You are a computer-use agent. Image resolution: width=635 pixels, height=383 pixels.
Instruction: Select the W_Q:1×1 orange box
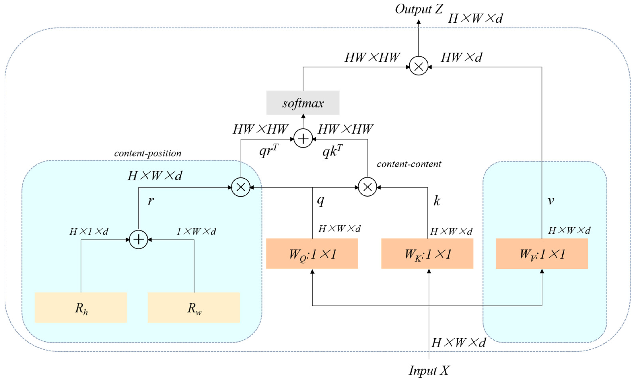(x=312, y=254)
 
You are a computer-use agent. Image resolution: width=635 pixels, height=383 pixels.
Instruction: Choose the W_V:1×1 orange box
(x=542, y=254)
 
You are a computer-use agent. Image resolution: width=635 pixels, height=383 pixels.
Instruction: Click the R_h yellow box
(x=81, y=307)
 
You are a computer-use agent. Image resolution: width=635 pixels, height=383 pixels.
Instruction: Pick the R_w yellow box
(x=194, y=307)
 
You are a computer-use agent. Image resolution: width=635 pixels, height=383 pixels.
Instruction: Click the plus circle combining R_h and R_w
(x=138, y=240)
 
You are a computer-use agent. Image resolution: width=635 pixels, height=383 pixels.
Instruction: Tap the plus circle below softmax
(x=303, y=139)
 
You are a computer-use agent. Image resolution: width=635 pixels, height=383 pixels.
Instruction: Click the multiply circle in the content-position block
(x=240, y=187)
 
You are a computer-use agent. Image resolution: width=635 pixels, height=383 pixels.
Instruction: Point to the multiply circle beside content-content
(x=367, y=187)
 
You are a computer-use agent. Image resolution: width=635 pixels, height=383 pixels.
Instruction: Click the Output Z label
(x=418, y=9)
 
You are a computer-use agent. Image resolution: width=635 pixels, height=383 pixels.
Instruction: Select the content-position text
(x=148, y=153)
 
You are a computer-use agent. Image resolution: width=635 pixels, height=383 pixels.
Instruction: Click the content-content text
(x=409, y=164)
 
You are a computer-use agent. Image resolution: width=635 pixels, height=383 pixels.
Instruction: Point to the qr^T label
(x=268, y=151)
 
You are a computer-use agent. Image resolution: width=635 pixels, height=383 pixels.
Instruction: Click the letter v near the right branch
(x=551, y=201)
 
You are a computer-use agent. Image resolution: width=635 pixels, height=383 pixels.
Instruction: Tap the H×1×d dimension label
(x=89, y=231)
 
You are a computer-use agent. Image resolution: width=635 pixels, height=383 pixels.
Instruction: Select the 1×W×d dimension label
(x=196, y=231)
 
